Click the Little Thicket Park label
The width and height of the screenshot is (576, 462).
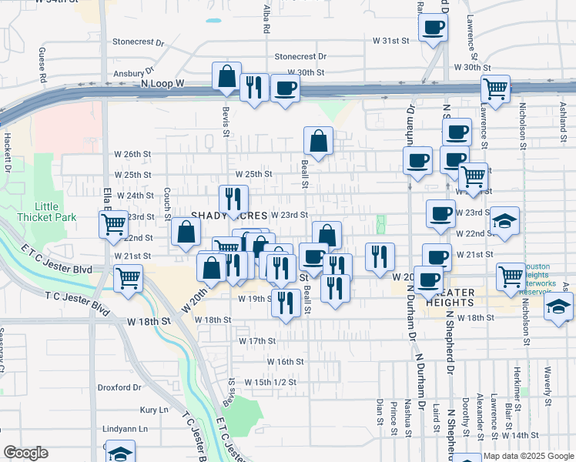click(x=55, y=212)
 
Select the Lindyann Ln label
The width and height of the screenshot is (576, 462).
click(x=125, y=428)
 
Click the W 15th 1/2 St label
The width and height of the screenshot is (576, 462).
click(x=270, y=382)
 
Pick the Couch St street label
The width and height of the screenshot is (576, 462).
click(x=166, y=203)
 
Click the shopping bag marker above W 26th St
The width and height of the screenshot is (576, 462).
click(x=318, y=142)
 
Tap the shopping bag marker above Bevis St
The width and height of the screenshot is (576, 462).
click(x=227, y=77)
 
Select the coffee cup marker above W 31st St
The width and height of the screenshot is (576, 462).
click(x=433, y=28)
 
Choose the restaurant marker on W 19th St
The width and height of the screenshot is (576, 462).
click(x=286, y=303)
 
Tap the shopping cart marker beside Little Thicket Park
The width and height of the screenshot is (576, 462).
click(x=113, y=225)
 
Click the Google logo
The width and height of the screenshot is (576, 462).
click(x=26, y=454)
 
